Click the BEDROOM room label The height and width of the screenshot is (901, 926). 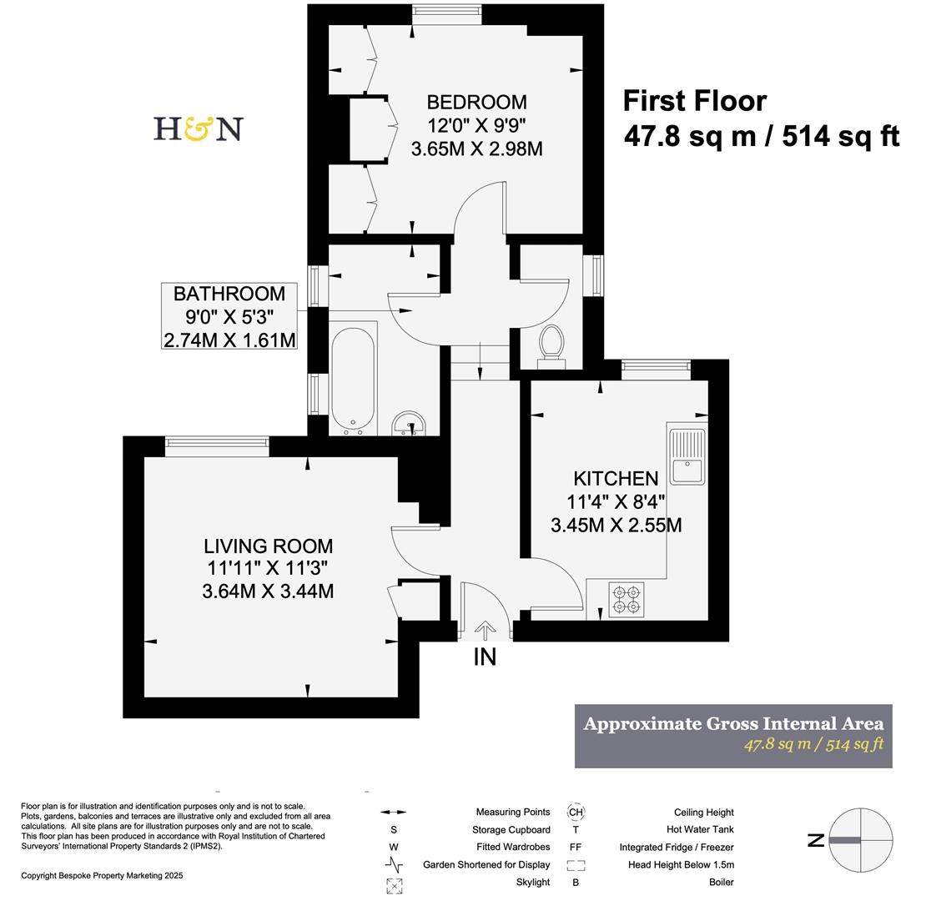click(x=476, y=102)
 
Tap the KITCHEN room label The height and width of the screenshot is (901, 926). click(x=616, y=478)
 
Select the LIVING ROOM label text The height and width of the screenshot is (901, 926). click(x=268, y=546)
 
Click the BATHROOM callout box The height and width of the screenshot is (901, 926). click(x=229, y=316)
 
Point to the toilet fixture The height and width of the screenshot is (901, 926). click(x=551, y=345)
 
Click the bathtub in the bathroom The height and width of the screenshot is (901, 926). click(x=354, y=380)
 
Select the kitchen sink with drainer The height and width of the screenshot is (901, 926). click(x=687, y=455)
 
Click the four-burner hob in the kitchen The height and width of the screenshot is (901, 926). click(x=626, y=599)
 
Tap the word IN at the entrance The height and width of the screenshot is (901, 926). click(x=485, y=657)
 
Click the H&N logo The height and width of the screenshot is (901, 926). click(x=198, y=128)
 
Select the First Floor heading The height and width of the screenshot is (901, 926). click(x=694, y=101)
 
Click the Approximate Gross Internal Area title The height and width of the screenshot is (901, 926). click(x=732, y=723)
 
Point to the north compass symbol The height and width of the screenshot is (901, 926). click(x=859, y=840)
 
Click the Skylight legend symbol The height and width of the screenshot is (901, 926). click(x=394, y=883)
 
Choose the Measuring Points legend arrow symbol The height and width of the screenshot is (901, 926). click(x=394, y=812)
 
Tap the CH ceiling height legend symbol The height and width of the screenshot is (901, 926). click(x=576, y=812)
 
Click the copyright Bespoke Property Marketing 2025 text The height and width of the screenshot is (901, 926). click(x=102, y=875)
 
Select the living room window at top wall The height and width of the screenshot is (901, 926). click(x=217, y=446)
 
